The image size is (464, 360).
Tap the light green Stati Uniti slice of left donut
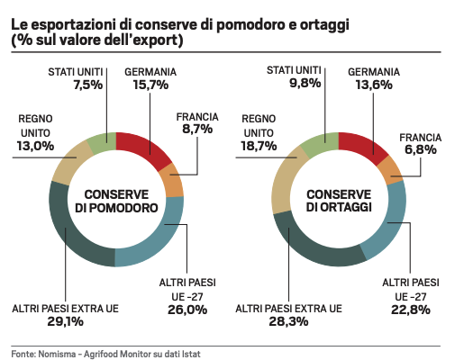point(102,140)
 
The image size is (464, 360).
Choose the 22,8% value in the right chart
point(410,310)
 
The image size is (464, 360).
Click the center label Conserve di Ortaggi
point(338,201)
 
